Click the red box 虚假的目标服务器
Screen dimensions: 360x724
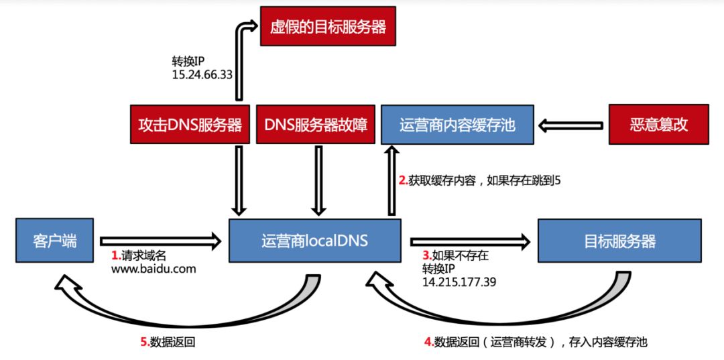tap(328, 27)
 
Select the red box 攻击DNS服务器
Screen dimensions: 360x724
tap(190, 124)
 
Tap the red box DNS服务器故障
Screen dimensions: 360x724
tap(316, 124)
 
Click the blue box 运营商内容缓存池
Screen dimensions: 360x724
tap(457, 124)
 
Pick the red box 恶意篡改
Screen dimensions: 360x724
tap(658, 124)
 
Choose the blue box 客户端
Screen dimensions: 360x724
tap(55, 240)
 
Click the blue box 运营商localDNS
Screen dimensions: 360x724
tap(314, 240)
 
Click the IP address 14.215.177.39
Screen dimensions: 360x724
tap(459, 282)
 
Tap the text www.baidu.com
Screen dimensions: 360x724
tap(153, 269)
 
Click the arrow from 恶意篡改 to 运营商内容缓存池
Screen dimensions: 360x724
tap(572, 124)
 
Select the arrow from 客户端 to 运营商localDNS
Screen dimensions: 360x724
tap(160, 239)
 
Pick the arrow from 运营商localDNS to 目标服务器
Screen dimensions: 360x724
tap(469, 240)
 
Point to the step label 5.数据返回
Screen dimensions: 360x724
tap(168, 342)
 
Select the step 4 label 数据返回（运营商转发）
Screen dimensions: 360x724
tap(536, 342)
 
